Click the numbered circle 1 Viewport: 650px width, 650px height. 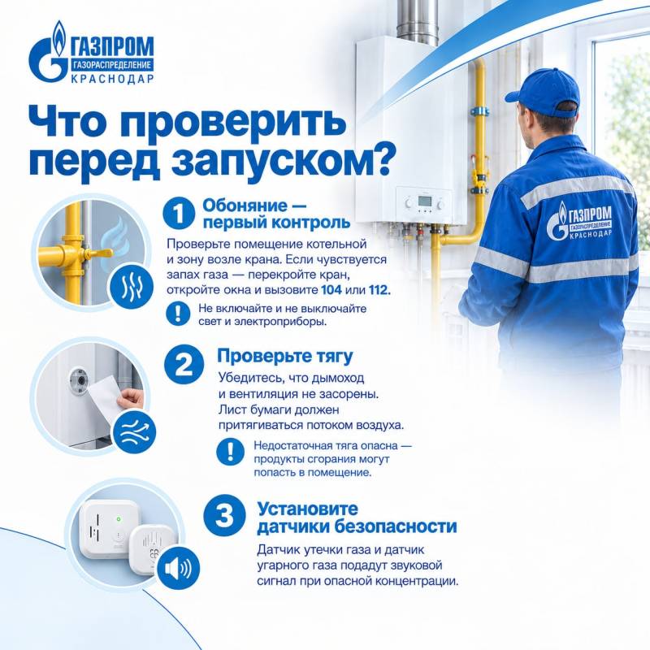179,214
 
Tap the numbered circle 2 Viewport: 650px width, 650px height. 184,365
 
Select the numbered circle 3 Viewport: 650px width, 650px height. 224,515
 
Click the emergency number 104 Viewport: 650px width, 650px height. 331,290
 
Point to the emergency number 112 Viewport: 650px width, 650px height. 379,290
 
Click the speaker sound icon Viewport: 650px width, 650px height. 178,568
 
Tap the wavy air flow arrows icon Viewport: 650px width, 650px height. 134,432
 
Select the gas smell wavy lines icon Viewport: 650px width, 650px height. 131,288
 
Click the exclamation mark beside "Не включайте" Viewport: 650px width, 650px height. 178,314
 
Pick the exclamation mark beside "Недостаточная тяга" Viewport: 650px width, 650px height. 230,453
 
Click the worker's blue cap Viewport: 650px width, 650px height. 543,93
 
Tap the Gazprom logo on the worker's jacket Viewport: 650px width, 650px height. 578,222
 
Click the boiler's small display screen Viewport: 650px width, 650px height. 424,201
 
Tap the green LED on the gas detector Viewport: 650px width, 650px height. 119,518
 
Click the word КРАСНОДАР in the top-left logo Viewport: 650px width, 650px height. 112,79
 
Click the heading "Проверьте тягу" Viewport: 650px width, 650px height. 285,357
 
